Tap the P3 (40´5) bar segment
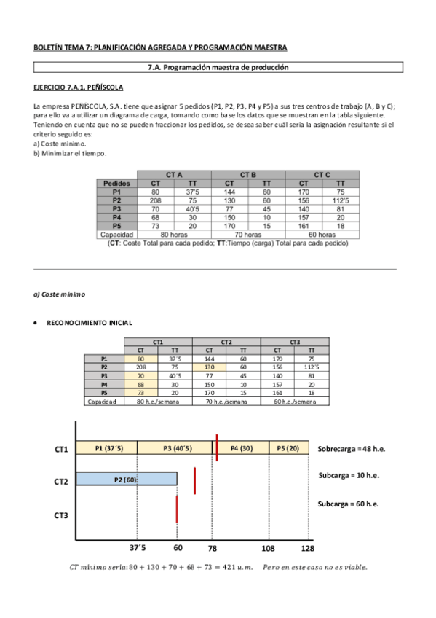pos(176,447)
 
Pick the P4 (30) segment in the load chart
pos(242,447)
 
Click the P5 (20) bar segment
pos(288,447)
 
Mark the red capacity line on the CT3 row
pos(177,509)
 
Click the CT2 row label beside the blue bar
pos(61,482)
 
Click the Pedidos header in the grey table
pos(116,184)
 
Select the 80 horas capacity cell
pos(175,235)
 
